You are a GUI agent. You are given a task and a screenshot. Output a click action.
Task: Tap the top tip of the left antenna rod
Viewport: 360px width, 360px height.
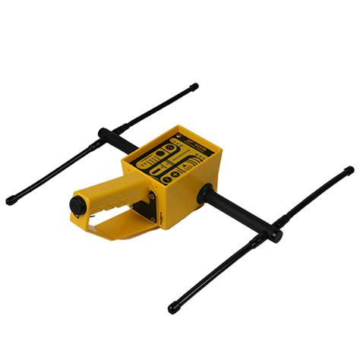tap(194, 87)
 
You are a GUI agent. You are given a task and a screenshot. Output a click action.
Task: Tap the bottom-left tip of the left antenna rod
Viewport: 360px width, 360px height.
tap(11, 201)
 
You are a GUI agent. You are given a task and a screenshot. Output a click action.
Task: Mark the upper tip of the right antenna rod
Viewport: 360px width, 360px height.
tap(348, 171)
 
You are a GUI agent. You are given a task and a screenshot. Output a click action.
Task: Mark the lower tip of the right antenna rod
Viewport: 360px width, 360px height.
tap(174, 309)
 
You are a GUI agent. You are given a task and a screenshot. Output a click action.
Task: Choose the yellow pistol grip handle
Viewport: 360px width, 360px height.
tap(103, 201)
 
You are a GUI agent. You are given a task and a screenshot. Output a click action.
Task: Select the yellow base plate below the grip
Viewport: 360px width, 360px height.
tap(125, 232)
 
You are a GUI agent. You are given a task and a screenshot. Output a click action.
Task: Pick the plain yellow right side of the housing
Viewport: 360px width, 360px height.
tap(186, 201)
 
